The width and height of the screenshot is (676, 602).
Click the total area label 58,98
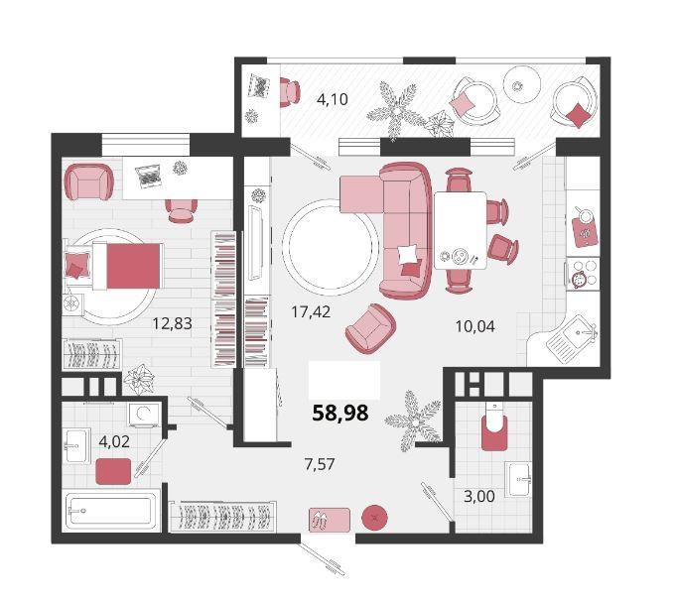tap(340, 413)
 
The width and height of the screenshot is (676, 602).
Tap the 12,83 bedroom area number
tap(172, 323)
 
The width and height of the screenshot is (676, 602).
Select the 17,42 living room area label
tap(311, 311)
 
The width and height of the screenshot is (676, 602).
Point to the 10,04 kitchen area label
tap(475, 326)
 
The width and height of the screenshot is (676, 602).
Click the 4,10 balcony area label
tap(332, 99)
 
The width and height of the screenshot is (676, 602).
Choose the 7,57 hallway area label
tap(320, 464)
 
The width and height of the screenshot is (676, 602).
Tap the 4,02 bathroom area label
tap(114, 441)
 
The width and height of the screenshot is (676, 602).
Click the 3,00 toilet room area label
tap(479, 497)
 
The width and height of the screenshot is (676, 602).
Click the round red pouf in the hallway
tap(374, 517)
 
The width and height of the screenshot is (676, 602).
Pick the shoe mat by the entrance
tap(330, 521)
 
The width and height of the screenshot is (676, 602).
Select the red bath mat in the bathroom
tap(113, 471)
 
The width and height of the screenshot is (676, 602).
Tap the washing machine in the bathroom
tap(145, 415)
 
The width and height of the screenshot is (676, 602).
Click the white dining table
tap(461, 230)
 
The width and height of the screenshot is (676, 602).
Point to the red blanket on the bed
tap(133, 266)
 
